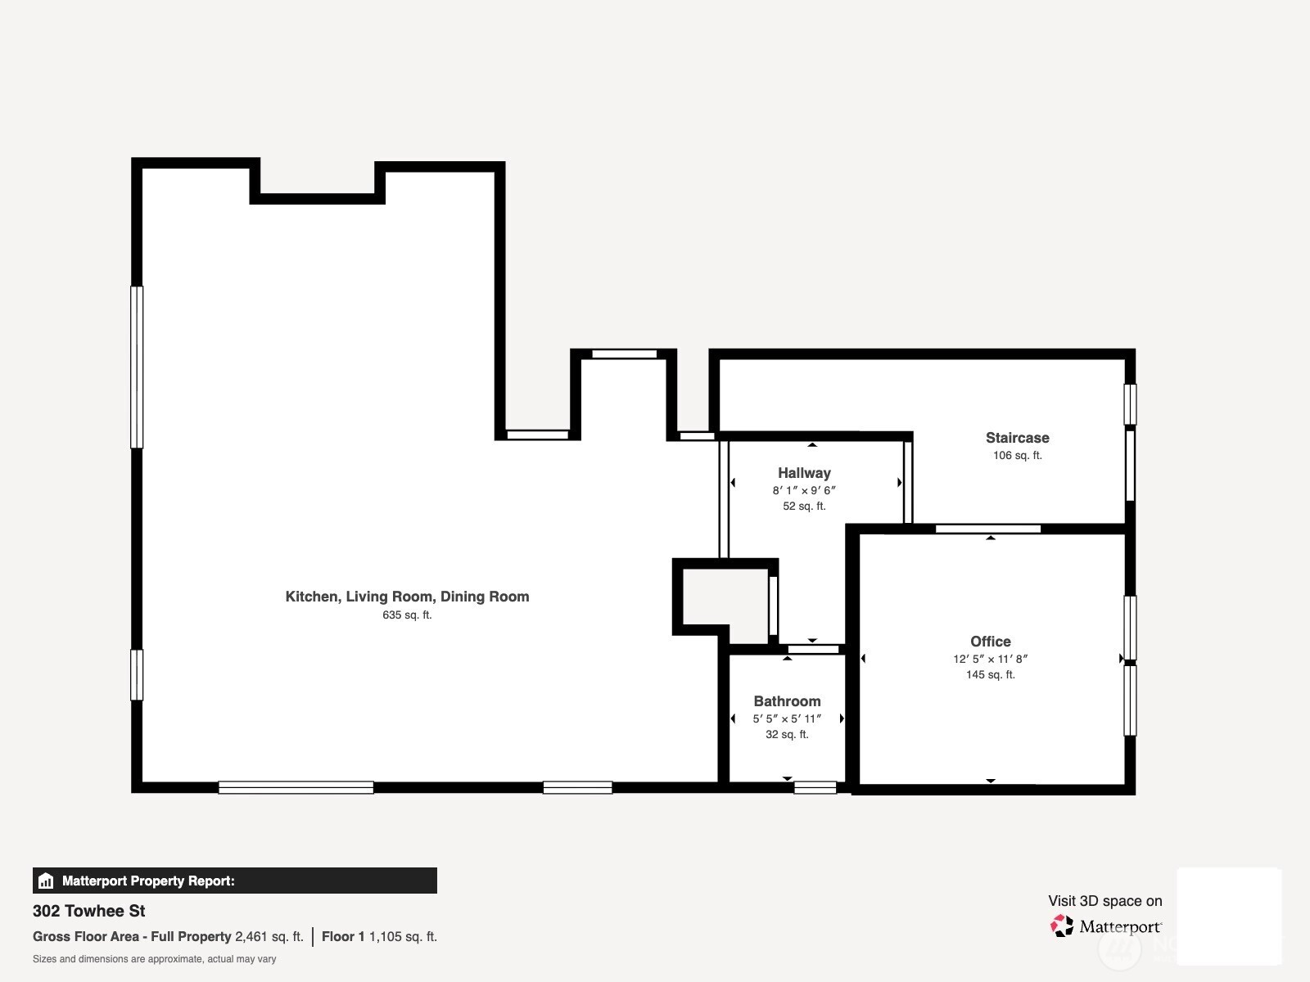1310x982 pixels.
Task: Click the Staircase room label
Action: [1017, 438]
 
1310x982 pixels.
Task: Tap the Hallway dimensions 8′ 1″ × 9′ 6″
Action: [804, 490]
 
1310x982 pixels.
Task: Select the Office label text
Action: [990, 642]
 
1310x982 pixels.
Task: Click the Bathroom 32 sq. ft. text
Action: [787, 734]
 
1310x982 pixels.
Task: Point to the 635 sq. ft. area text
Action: [407, 615]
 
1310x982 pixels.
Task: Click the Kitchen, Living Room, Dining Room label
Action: [407, 597]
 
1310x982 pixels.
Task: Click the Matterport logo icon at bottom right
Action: [1062, 926]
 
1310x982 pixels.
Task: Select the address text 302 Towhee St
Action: [89, 911]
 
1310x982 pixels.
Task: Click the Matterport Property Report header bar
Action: [235, 881]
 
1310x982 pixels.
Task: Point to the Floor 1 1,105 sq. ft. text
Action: [379, 936]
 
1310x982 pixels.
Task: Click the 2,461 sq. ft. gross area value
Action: [269, 936]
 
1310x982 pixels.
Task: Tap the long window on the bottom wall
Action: [296, 787]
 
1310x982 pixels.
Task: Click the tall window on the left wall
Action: [137, 367]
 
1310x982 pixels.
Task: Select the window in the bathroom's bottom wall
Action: [815, 787]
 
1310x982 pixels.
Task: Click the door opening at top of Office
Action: [987, 529]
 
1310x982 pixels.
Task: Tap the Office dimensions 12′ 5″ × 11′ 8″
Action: [990, 659]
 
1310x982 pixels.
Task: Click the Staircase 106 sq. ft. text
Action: [1017, 455]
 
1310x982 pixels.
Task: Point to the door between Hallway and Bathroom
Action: [813, 649]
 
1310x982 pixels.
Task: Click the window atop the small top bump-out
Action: [624, 354]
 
